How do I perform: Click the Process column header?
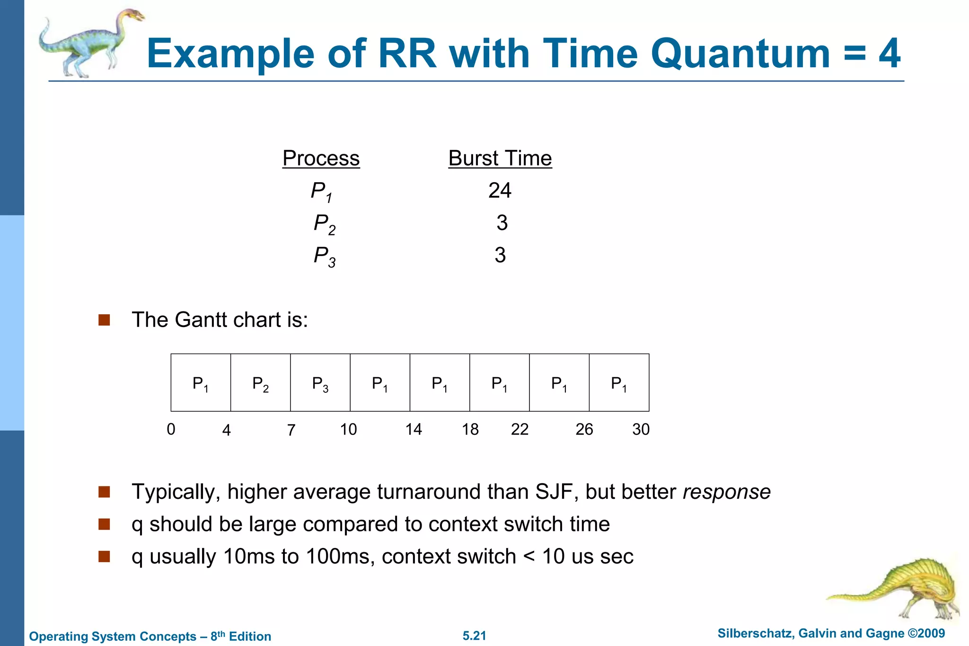[321, 158]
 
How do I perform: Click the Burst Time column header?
[500, 158]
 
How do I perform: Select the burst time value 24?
[500, 190]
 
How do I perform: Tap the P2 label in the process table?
[324, 224]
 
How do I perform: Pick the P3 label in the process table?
[324, 256]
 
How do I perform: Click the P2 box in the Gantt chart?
[260, 383]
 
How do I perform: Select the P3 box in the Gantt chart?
[320, 383]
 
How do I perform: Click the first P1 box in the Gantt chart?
[201, 383]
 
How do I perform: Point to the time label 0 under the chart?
[171, 429]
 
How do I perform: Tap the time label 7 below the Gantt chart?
[291, 430]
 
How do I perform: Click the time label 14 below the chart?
[413, 429]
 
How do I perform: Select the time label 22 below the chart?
[520, 429]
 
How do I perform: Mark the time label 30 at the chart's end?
[641, 429]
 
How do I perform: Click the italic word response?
[726, 492]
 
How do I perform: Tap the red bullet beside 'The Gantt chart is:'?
[104, 320]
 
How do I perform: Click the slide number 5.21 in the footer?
[474, 636]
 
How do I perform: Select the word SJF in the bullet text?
[556, 492]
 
